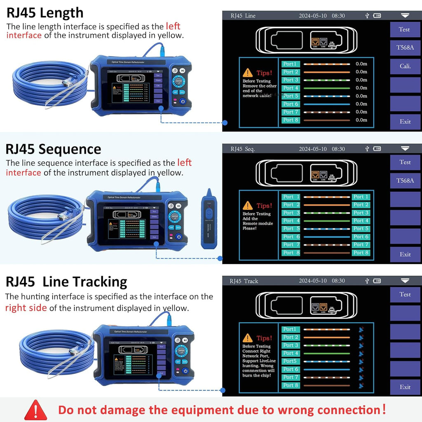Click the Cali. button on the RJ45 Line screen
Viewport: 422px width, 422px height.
tap(405, 66)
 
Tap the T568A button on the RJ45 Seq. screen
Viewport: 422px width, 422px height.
tap(405, 181)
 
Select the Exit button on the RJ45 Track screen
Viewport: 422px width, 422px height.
tap(405, 387)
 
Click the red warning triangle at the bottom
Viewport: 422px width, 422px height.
tap(36, 410)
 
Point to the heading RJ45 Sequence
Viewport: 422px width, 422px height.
tap(54, 149)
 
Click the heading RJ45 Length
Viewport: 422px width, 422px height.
tap(45, 13)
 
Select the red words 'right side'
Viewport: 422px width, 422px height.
tap(26, 308)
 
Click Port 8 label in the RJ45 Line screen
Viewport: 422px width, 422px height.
tap(291, 120)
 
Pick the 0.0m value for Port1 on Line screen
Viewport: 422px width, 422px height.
tap(361, 64)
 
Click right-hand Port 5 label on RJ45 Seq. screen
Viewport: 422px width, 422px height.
tap(361, 229)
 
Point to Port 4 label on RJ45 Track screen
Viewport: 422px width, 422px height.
tap(291, 353)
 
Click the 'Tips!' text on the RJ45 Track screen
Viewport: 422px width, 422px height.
tap(264, 338)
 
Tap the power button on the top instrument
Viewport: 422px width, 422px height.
tap(182, 101)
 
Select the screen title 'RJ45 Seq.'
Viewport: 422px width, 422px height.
tap(243, 149)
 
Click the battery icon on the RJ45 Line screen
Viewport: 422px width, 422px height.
tap(377, 16)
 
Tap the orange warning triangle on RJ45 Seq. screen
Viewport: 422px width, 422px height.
tap(248, 205)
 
